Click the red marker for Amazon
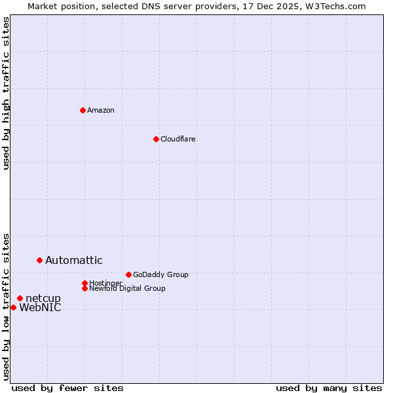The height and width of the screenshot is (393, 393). click(83, 110)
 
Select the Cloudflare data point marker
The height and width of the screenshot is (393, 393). click(156, 139)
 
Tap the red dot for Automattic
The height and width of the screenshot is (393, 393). click(39, 260)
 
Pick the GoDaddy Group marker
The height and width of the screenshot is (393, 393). click(128, 274)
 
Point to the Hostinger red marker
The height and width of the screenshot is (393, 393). click(84, 283)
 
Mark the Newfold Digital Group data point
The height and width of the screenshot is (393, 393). click(84, 288)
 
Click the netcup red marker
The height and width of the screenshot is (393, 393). click(20, 298)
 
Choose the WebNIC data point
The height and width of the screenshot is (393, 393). click(13, 307)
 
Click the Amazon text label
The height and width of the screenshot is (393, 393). click(101, 110)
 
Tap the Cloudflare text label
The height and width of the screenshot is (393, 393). click(178, 139)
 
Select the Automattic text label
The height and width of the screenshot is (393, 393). click(74, 260)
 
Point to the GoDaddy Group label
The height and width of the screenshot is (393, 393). click(160, 274)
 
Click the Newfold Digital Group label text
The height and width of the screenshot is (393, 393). click(128, 288)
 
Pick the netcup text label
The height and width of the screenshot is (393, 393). click(43, 299)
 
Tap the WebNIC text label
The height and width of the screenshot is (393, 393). click(41, 308)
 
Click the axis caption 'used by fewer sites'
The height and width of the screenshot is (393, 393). click(67, 388)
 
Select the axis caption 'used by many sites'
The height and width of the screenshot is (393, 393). click(329, 388)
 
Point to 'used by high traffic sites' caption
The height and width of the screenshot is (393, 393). click(7, 93)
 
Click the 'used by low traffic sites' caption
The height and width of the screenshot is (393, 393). click(7, 306)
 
